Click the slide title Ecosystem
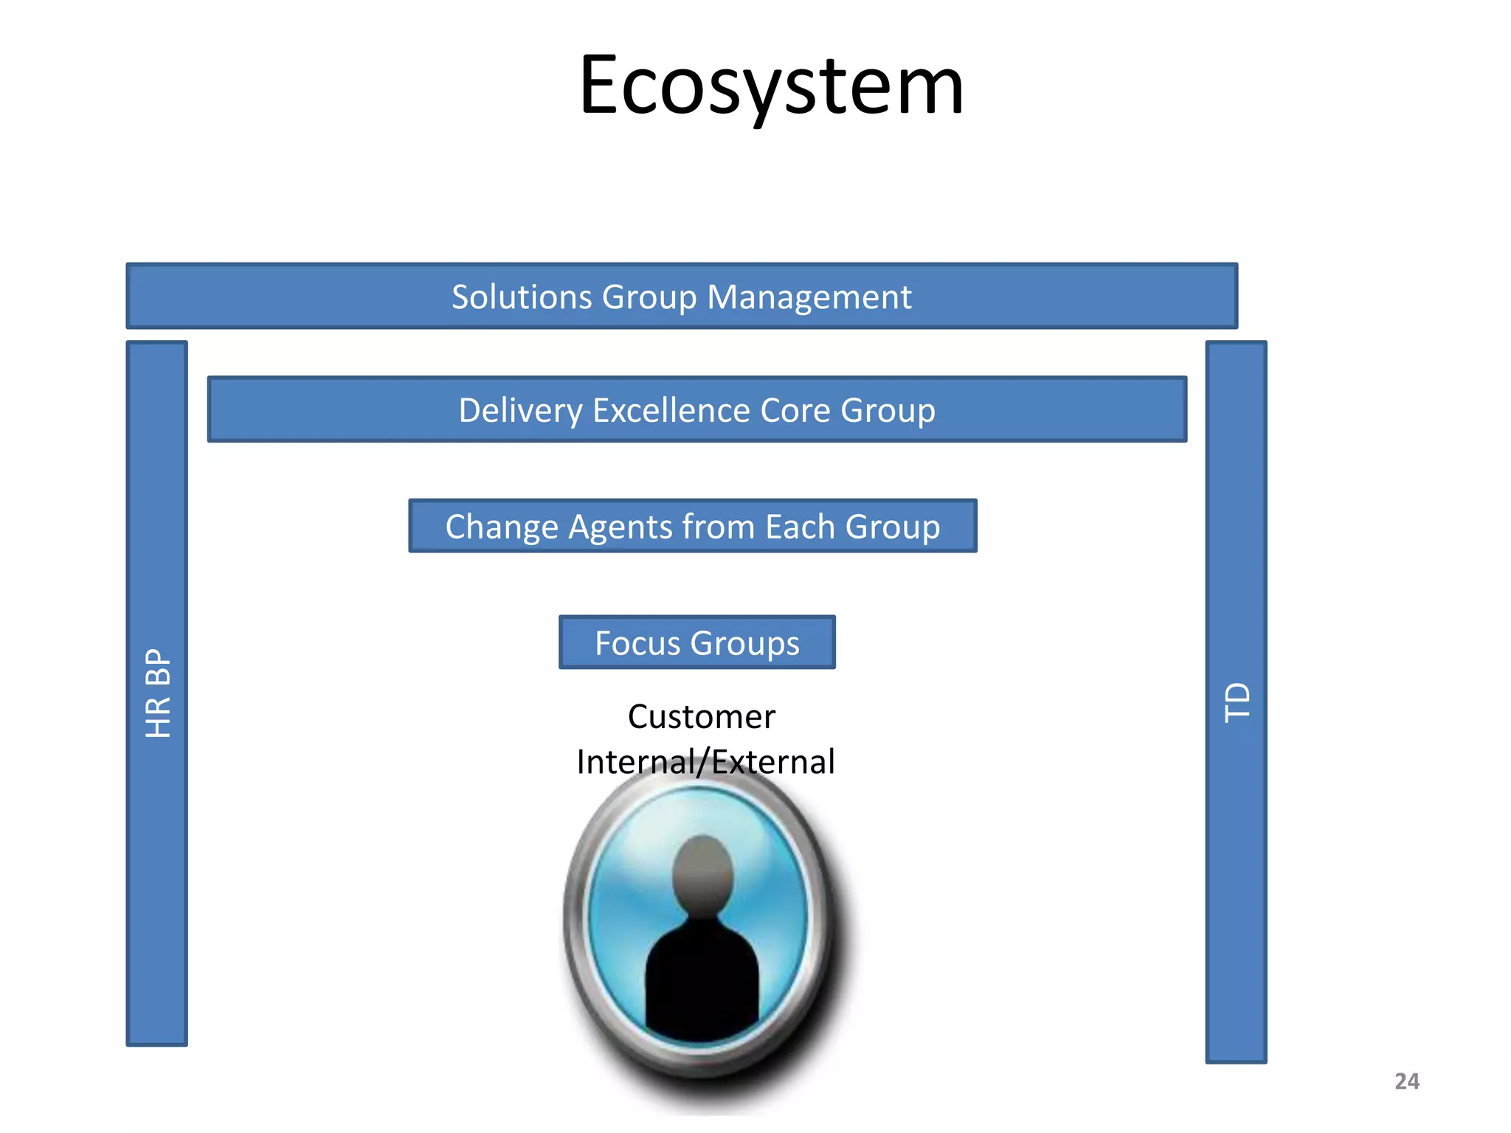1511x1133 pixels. pyautogui.click(x=771, y=87)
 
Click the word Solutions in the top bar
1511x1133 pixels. pyautogui.click(x=522, y=297)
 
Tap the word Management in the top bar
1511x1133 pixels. pyautogui.click(x=809, y=297)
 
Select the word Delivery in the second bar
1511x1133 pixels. pyautogui.click(x=520, y=411)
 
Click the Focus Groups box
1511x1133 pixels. pyautogui.click(x=696, y=642)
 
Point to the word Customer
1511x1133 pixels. pyautogui.click(x=701, y=717)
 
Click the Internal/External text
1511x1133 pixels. pyautogui.click(x=705, y=762)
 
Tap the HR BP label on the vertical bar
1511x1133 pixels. pyautogui.click(x=158, y=693)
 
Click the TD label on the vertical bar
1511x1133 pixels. pyautogui.click(x=1237, y=702)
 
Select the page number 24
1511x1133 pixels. pyautogui.click(x=1406, y=1081)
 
